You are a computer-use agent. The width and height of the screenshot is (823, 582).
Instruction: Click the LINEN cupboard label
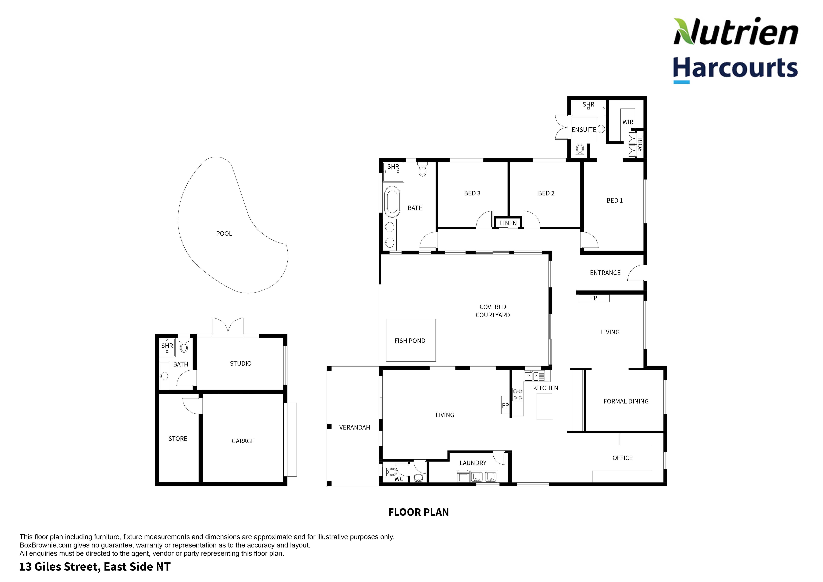tap(508, 223)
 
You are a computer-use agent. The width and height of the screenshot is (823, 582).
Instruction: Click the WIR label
tap(628, 122)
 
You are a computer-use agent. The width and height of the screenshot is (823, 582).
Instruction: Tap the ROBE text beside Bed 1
tap(640, 144)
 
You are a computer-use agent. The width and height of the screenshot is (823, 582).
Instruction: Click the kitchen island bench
tap(544, 407)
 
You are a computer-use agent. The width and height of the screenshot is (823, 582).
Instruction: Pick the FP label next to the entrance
tap(594, 298)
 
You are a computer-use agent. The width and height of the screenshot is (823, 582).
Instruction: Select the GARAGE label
tap(243, 441)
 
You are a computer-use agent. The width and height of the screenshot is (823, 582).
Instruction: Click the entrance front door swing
tap(637, 273)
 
